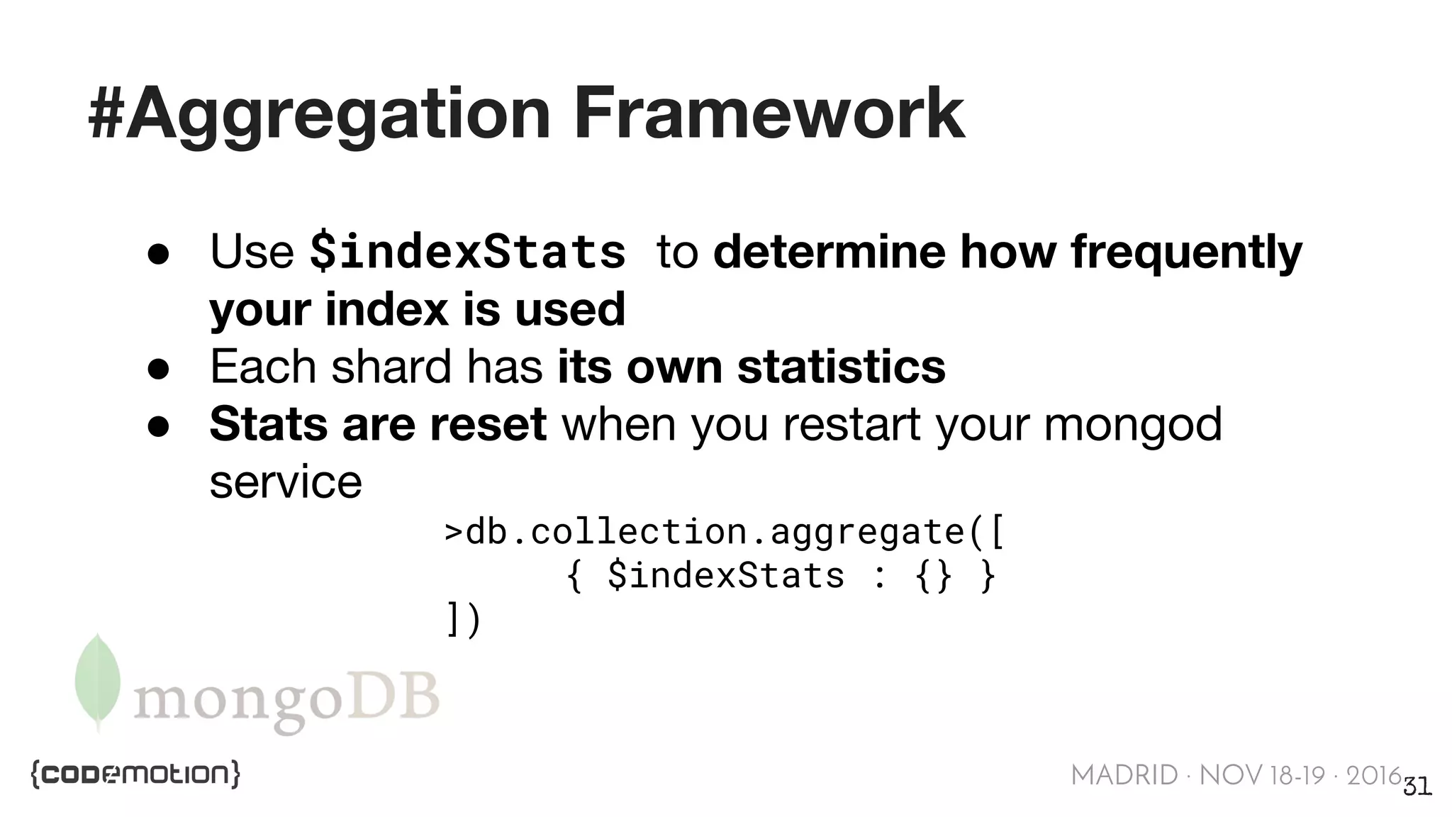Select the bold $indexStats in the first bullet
click(x=468, y=252)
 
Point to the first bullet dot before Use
click(x=158, y=255)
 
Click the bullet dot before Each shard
click(x=158, y=369)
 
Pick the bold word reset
click(x=488, y=424)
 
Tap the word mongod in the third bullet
click(x=1132, y=424)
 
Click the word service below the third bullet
click(x=286, y=482)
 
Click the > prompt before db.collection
click(x=453, y=532)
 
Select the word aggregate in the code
click(x=866, y=532)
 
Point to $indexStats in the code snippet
click(x=725, y=575)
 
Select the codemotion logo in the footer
click(x=135, y=774)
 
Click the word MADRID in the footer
click(x=1124, y=775)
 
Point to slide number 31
click(x=1417, y=787)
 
